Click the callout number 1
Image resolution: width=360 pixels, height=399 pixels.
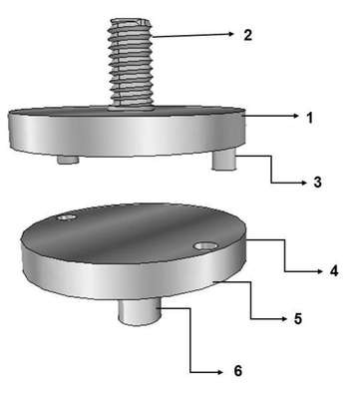click(x=309, y=118)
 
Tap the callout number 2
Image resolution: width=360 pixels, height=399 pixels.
click(x=248, y=35)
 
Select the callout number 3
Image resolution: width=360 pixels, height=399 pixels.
click(x=318, y=182)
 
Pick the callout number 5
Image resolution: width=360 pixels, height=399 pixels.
click(x=297, y=318)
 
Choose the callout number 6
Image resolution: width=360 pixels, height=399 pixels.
click(x=237, y=371)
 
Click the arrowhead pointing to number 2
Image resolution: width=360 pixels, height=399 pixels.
click(x=229, y=33)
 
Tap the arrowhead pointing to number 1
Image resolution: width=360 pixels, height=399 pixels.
click(x=296, y=116)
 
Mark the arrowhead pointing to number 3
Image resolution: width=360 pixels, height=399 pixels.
click(x=303, y=183)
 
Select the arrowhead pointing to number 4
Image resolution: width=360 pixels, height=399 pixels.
click(x=319, y=271)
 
